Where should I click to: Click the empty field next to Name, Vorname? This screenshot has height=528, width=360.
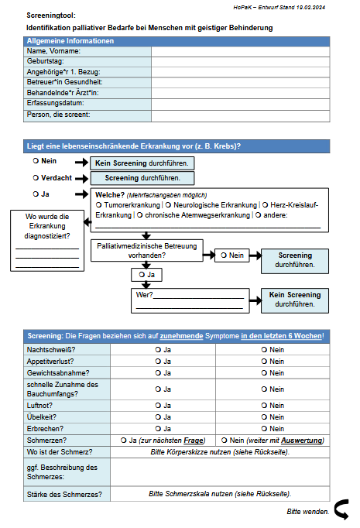click(241, 52)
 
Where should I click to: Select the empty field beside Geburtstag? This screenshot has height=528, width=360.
click(241, 62)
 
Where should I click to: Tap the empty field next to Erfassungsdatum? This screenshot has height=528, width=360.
click(241, 104)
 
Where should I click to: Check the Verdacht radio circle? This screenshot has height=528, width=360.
click(36, 178)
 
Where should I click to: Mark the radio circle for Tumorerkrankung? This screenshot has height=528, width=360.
click(98, 205)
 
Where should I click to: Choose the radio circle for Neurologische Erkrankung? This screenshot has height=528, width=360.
click(168, 205)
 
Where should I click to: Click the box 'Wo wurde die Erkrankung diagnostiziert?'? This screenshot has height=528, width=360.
click(47, 241)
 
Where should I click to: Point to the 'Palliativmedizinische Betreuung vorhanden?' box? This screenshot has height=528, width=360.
click(147, 251)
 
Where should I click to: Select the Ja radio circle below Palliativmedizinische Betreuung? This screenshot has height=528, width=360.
click(142, 275)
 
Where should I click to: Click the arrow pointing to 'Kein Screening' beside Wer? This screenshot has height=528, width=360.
click(255, 300)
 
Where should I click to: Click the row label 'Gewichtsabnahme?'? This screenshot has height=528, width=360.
click(58, 373)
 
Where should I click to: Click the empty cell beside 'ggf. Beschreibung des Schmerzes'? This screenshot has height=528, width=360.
click(220, 472)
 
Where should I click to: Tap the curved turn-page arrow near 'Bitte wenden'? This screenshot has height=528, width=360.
click(341, 509)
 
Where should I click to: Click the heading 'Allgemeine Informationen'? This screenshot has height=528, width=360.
click(70, 41)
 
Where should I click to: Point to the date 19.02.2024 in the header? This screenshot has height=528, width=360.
click(310, 8)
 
